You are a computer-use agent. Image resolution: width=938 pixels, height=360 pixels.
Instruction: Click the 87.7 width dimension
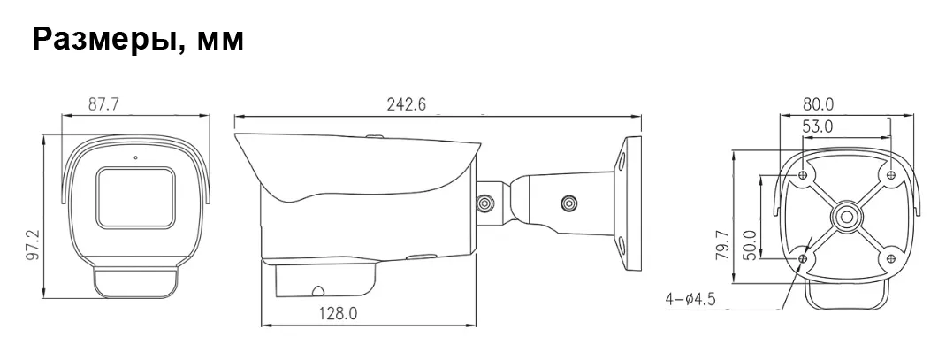[x=103, y=104]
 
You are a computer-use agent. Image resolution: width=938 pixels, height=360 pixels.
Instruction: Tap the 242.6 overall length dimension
[x=406, y=104]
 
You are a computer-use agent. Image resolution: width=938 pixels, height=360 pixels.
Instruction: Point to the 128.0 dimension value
[x=338, y=313]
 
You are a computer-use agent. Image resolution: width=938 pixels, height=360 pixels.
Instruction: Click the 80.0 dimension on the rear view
[x=818, y=104]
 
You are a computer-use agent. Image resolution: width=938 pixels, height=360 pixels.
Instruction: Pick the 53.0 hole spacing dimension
[x=817, y=126]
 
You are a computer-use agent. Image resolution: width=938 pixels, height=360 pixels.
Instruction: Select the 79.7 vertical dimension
[x=722, y=244]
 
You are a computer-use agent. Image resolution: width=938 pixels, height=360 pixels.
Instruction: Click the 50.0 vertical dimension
[x=748, y=244]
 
